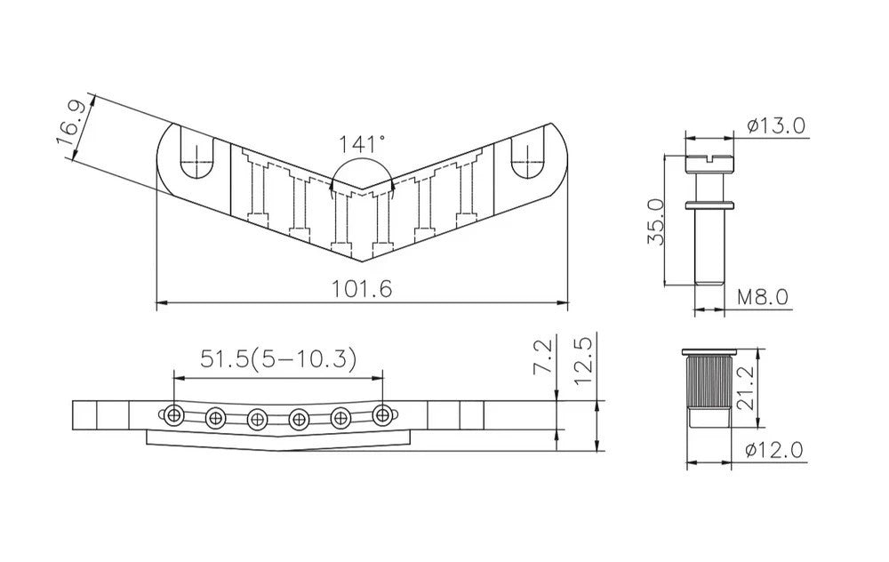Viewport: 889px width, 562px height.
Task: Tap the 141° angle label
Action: (x=363, y=143)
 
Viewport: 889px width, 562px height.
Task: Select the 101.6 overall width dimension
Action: (x=362, y=289)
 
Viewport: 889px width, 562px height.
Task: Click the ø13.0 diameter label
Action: (x=775, y=124)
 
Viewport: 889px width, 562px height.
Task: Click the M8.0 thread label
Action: (x=762, y=297)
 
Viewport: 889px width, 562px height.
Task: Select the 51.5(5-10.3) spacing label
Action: (x=278, y=359)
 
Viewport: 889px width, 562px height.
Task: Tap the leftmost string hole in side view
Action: (x=173, y=415)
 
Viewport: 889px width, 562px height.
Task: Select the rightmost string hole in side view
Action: (x=382, y=414)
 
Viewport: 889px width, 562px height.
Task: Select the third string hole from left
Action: (x=257, y=416)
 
